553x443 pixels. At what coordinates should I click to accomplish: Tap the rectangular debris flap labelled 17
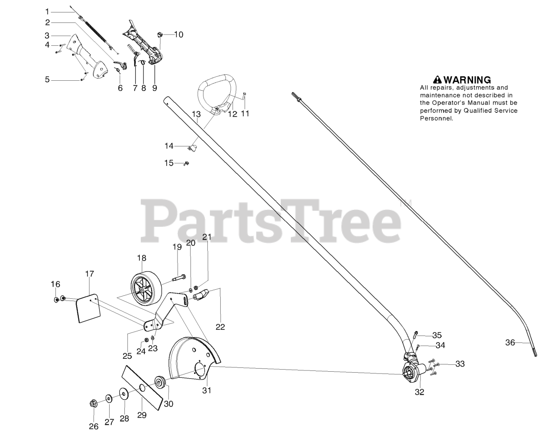(x=89, y=309)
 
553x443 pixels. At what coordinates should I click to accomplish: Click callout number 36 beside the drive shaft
(x=510, y=342)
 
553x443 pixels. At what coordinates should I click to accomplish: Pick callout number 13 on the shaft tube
(x=196, y=114)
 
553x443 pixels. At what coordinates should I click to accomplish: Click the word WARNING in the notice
(x=467, y=80)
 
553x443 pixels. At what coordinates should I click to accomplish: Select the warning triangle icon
(x=437, y=79)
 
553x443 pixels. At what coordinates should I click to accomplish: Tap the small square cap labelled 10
(x=159, y=34)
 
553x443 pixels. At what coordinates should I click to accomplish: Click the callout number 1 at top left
(x=48, y=11)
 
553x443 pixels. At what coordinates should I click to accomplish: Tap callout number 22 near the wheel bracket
(x=220, y=327)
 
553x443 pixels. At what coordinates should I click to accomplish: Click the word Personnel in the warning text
(x=436, y=118)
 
